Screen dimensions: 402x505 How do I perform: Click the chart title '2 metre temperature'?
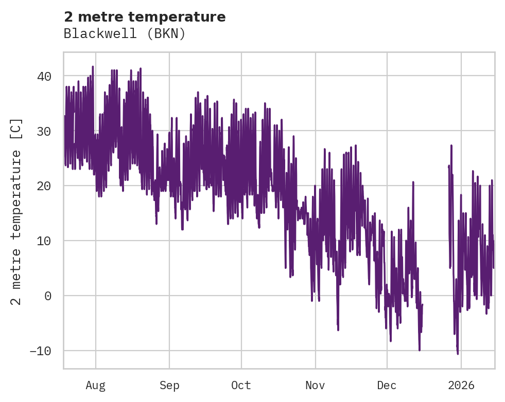coord(145,17)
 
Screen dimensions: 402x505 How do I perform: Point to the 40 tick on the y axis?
coord(44,76)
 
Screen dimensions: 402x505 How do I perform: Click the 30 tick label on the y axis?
coord(44,131)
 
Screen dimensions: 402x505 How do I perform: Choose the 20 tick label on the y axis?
coord(44,186)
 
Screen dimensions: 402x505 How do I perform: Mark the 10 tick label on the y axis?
coord(44,241)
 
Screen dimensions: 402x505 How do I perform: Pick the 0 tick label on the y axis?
coord(48,296)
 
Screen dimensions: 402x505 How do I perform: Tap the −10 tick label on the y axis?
coord(40,351)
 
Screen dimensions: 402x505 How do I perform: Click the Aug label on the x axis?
coord(96,385)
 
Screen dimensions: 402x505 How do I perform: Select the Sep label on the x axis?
coord(169,385)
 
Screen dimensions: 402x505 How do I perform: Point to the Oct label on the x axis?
coord(241,385)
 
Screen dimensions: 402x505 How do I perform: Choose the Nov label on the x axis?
coord(315,385)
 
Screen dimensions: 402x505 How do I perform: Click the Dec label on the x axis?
coord(387,385)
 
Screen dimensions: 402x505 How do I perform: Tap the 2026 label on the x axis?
coord(461,385)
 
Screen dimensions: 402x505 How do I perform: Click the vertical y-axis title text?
coord(16,211)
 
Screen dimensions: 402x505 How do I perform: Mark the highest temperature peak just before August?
coord(93,67)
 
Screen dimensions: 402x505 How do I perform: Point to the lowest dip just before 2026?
coord(457,353)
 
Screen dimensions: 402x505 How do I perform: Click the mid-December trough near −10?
coord(420,350)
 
